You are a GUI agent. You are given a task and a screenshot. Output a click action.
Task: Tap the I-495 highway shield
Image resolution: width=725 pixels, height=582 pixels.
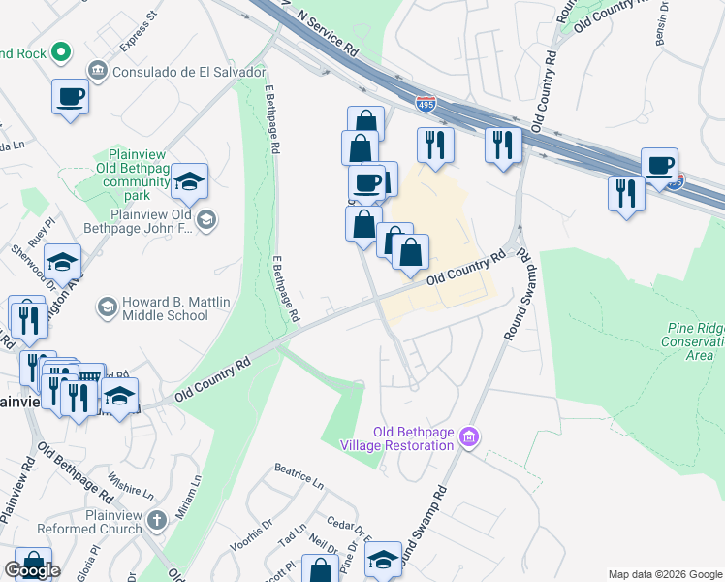tap(426, 102)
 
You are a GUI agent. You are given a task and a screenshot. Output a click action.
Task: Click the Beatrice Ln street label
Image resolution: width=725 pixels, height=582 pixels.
tap(299, 478)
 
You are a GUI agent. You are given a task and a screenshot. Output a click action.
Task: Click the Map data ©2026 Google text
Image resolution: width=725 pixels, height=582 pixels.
tap(664, 574)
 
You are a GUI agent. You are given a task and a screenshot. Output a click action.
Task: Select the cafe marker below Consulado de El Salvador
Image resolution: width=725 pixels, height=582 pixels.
tap(71, 98)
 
